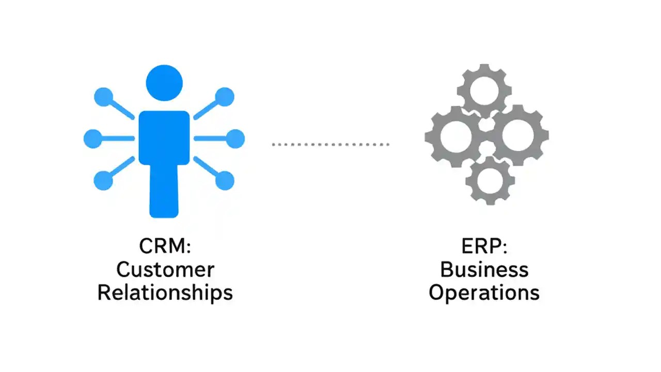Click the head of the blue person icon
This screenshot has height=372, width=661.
[164, 83]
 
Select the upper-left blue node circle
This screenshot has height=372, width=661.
[103, 97]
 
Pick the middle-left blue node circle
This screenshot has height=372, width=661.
[93, 138]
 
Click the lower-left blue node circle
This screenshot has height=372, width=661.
[103, 181]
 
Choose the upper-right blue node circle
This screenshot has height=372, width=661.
[225, 97]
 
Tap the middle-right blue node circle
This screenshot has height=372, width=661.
[235, 138]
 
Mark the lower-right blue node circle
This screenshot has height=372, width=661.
[225, 181]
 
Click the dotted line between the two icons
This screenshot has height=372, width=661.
[330, 145]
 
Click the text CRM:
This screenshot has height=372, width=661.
[165, 246]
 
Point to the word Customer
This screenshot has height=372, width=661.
[165, 269]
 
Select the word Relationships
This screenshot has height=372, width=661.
[165, 292]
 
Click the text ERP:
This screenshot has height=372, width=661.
[484, 246]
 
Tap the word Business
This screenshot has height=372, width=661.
[484, 269]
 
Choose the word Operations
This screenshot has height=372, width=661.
[484, 292]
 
